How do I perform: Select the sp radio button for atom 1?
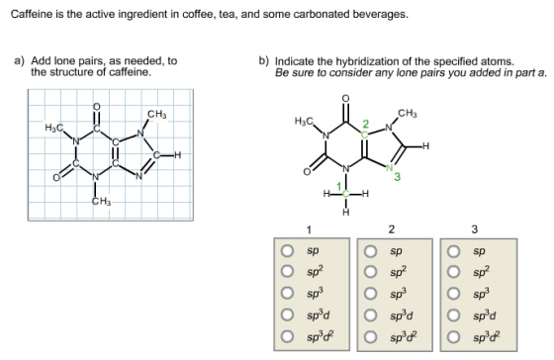tap(287, 251)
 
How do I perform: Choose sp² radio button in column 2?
tap(371, 272)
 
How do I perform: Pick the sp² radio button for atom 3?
tap(454, 272)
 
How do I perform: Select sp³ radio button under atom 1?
tap(287, 293)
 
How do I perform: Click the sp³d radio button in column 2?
tap(371, 315)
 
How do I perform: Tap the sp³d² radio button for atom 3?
tap(454, 336)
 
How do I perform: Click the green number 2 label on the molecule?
tap(366, 124)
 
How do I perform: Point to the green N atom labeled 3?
tap(390, 167)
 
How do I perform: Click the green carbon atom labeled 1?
tap(346, 193)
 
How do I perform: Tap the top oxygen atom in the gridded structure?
tap(97, 107)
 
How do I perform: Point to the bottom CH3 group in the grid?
tap(101, 202)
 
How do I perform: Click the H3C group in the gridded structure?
tap(54, 128)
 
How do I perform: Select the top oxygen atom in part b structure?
tap(345, 98)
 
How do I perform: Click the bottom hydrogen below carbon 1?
tap(346, 212)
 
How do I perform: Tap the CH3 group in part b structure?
tap(408, 114)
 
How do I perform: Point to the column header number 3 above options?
tap(475, 229)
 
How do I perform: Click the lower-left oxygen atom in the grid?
tap(56, 178)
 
